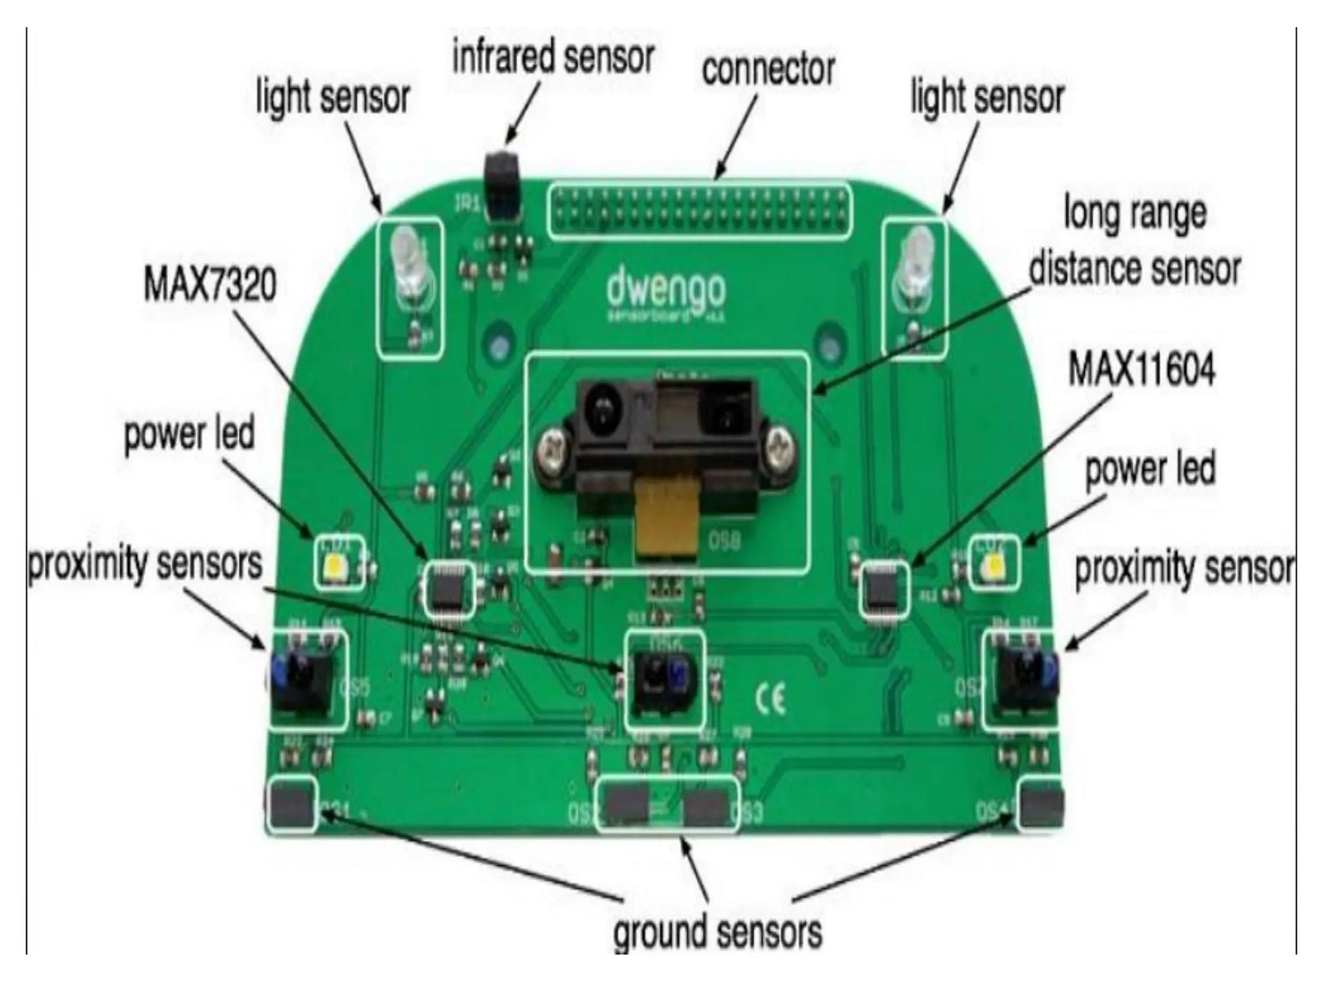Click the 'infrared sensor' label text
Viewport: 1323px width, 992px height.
click(553, 57)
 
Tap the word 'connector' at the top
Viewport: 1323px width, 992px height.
click(768, 70)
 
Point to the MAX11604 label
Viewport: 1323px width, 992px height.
click(1141, 369)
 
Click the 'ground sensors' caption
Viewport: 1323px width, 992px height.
click(717, 932)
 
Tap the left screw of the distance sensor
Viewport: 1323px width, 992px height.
click(552, 453)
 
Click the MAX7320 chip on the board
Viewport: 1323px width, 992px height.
click(447, 588)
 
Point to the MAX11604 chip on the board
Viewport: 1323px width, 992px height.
click(883, 589)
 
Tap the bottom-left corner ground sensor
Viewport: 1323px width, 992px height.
click(291, 803)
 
